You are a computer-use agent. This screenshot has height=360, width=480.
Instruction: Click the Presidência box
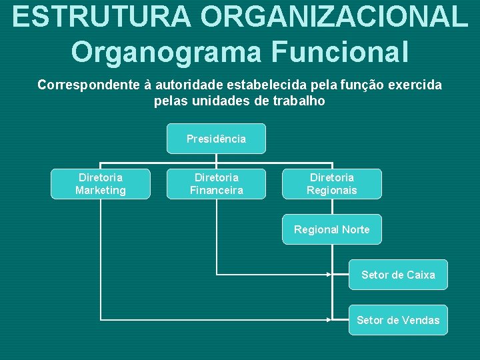click(x=216, y=139)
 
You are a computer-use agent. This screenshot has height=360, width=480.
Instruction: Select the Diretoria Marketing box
click(x=101, y=184)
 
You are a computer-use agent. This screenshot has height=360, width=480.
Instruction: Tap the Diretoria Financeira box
click(x=216, y=184)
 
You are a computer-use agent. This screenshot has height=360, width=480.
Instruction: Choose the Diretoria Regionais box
click(x=332, y=184)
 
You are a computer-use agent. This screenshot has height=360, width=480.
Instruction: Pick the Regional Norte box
click(x=332, y=229)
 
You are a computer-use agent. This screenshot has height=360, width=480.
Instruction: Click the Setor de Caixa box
click(x=398, y=275)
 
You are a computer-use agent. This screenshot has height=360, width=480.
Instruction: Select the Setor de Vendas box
click(x=398, y=320)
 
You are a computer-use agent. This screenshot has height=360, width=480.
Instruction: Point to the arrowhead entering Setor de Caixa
click(x=329, y=274)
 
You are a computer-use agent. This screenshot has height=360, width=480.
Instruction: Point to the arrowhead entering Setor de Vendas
click(x=329, y=319)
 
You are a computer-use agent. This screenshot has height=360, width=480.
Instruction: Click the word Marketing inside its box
click(x=101, y=191)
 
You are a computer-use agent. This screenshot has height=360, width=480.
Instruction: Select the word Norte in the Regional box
click(x=355, y=229)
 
